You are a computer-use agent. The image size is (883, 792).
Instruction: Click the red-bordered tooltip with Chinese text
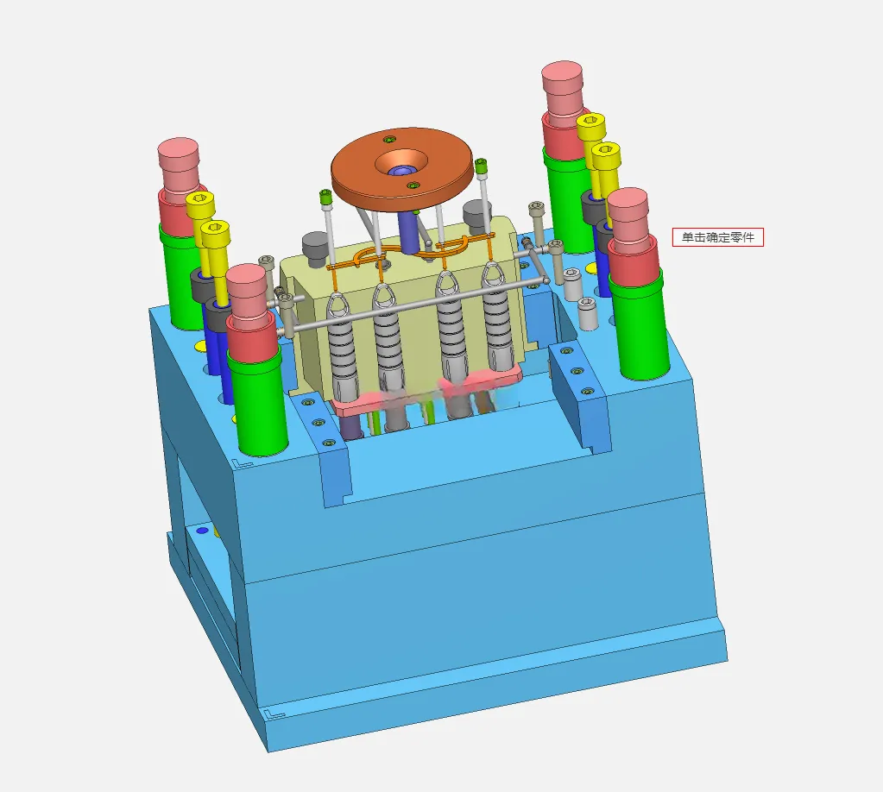pyautogui.click(x=718, y=237)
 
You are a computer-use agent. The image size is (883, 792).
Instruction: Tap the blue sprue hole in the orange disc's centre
pyautogui.click(x=401, y=171)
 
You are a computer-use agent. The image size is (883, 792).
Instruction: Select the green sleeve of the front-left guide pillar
pyautogui.click(x=258, y=399)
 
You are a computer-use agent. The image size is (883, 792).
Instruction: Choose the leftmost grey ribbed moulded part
pyautogui.click(x=343, y=350)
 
